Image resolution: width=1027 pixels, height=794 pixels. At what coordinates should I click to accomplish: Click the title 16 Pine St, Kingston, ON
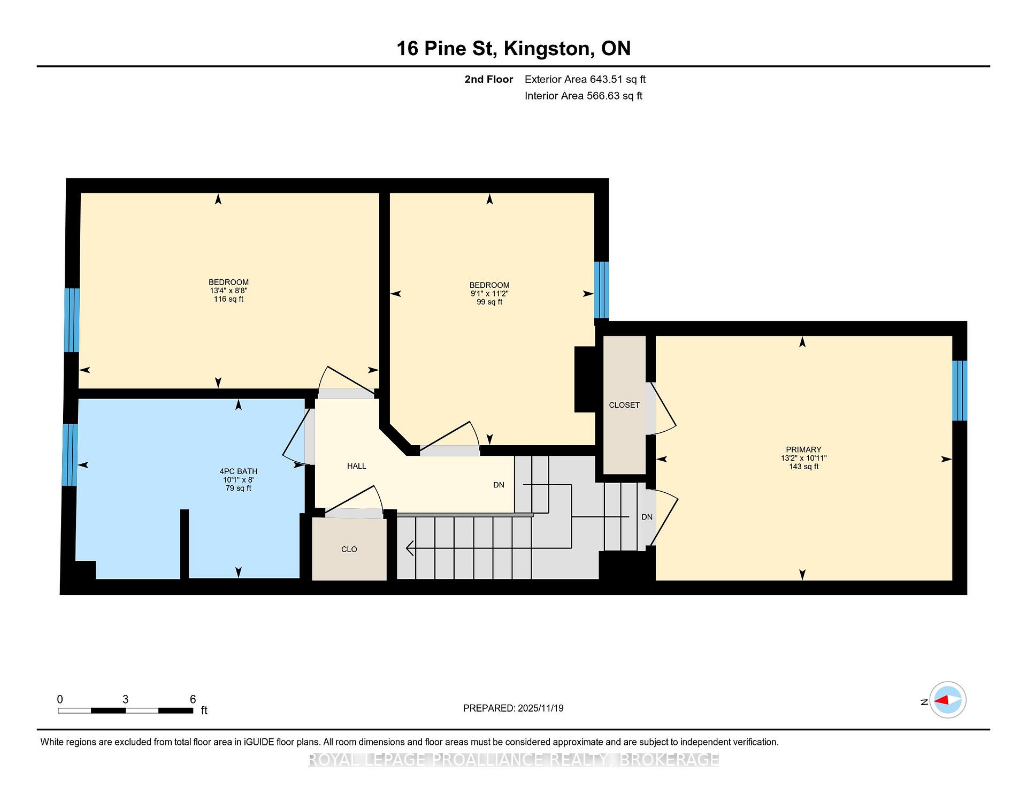(513, 49)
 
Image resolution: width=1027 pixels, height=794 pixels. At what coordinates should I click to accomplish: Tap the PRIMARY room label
(803, 449)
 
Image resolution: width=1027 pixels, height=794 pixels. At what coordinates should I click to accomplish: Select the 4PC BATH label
(239, 471)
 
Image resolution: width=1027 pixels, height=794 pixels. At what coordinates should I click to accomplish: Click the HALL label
(357, 466)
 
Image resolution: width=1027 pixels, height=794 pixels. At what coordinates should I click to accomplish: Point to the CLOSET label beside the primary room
(624, 405)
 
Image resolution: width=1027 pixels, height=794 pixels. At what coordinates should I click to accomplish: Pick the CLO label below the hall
(349, 549)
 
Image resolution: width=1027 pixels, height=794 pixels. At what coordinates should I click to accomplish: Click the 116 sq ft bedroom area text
(228, 299)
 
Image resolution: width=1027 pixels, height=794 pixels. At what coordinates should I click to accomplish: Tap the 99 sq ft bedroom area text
(489, 302)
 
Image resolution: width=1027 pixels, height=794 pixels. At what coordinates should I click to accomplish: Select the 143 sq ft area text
(803, 467)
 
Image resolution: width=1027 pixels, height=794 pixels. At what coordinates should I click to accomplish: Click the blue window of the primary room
(960, 391)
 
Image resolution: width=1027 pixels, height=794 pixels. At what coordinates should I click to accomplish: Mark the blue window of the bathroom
(70, 455)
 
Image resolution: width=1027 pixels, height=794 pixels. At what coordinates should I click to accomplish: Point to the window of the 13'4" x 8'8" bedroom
(72, 320)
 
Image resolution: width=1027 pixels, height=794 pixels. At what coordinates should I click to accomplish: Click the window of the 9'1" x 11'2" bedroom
(602, 290)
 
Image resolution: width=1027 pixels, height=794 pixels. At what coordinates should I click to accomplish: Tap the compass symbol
(948, 700)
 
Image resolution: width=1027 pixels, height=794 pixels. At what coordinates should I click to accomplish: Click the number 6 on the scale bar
(193, 699)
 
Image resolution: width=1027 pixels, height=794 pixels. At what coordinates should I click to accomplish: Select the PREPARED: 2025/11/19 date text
(513, 708)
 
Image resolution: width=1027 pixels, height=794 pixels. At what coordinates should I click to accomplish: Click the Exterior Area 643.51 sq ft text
(585, 80)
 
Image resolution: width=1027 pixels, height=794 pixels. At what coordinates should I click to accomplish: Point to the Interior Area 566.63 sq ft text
(584, 96)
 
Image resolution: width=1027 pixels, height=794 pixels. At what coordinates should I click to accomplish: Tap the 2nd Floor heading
(488, 80)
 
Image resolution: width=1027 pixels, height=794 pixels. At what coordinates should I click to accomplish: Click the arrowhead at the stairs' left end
(410, 548)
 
